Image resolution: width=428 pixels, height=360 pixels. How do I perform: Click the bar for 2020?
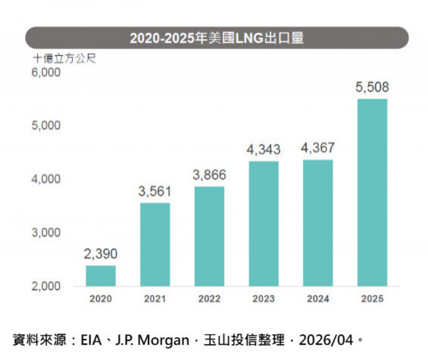pyautogui.click(x=101, y=275)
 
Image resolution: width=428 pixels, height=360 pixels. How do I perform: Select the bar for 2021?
pyautogui.click(x=155, y=244)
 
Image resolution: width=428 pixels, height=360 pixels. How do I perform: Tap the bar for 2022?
pyautogui.click(x=209, y=236)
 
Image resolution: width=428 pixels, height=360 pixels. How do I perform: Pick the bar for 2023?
pyautogui.click(x=263, y=224)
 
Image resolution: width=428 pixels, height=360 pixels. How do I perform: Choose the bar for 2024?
pyautogui.click(x=318, y=223)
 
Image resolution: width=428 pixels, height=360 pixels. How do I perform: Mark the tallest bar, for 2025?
pyautogui.click(x=372, y=193)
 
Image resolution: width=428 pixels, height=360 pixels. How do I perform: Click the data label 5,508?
pyautogui.click(x=372, y=87)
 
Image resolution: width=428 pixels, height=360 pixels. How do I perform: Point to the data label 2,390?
pyautogui.click(x=101, y=254)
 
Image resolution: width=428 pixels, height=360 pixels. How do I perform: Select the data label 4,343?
pyautogui.click(x=263, y=150)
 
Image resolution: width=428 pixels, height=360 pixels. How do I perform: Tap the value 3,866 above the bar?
pyautogui.click(x=209, y=175)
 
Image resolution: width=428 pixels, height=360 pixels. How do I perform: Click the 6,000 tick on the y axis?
pyautogui.click(x=47, y=72)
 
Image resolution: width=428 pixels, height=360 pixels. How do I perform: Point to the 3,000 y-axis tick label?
pyautogui.click(x=47, y=233)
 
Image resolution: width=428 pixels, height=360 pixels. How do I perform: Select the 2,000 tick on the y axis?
pyautogui.click(x=47, y=286)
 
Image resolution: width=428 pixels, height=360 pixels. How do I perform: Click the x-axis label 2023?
pyautogui.click(x=263, y=299)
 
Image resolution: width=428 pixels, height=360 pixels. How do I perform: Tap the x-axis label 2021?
pyautogui.click(x=155, y=299)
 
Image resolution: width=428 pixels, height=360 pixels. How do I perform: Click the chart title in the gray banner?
pyautogui.click(x=217, y=39)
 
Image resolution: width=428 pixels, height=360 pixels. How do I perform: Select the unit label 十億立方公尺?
pyautogui.click(x=64, y=58)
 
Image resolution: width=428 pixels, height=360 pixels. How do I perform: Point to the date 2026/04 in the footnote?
pyautogui.click(x=326, y=340)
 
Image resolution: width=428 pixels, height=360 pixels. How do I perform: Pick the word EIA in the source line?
pyautogui.click(x=91, y=340)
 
